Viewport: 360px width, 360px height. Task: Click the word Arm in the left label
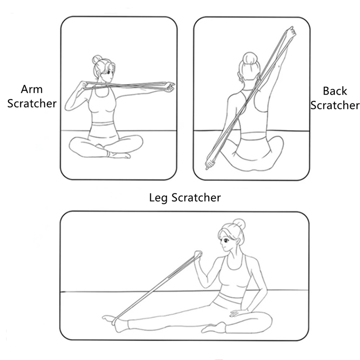point(31,89)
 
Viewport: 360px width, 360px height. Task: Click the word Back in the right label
point(335,91)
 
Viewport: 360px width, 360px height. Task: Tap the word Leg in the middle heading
point(158,198)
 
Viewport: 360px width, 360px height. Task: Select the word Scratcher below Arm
point(32,103)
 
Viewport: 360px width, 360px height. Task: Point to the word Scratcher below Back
point(335,105)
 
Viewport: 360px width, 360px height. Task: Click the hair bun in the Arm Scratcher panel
point(97,59)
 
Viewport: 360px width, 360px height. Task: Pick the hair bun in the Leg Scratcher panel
point(239,225)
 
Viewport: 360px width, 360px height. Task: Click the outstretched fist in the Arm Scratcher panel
point(170,87)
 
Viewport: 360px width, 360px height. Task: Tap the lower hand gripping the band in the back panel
point(210,164)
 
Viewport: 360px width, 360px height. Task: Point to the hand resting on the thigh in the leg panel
point(237,313)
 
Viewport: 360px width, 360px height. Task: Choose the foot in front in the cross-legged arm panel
point(119,155)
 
